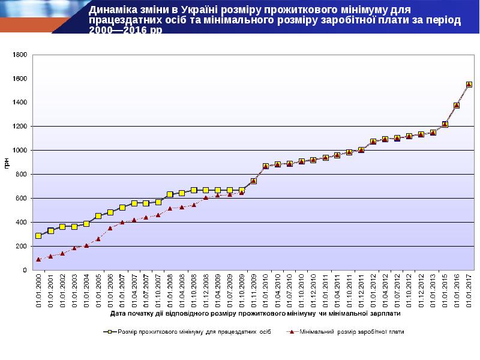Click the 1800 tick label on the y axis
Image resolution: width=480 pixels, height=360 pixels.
click(20, 55)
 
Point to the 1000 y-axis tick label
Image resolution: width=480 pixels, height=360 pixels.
click(20, 151)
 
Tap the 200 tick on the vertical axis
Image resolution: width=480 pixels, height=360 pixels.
click(22, 247)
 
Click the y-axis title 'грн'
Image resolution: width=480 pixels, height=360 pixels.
click(7, 162)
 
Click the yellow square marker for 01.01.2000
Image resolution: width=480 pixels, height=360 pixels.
click(38, 236)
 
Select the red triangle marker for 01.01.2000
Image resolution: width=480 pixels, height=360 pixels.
click(38, 259)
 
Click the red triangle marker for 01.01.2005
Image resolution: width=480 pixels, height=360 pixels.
click(98, 239)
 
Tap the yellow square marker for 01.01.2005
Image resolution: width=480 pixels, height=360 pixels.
click(98, 216)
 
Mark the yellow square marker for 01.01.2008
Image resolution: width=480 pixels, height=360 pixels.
click(170, 194)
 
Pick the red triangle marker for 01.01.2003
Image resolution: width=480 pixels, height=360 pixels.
click(74, 248)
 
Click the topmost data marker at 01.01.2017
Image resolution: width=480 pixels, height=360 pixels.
click(469, 85)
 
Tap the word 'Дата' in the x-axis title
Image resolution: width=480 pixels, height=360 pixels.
click(119, 313)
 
